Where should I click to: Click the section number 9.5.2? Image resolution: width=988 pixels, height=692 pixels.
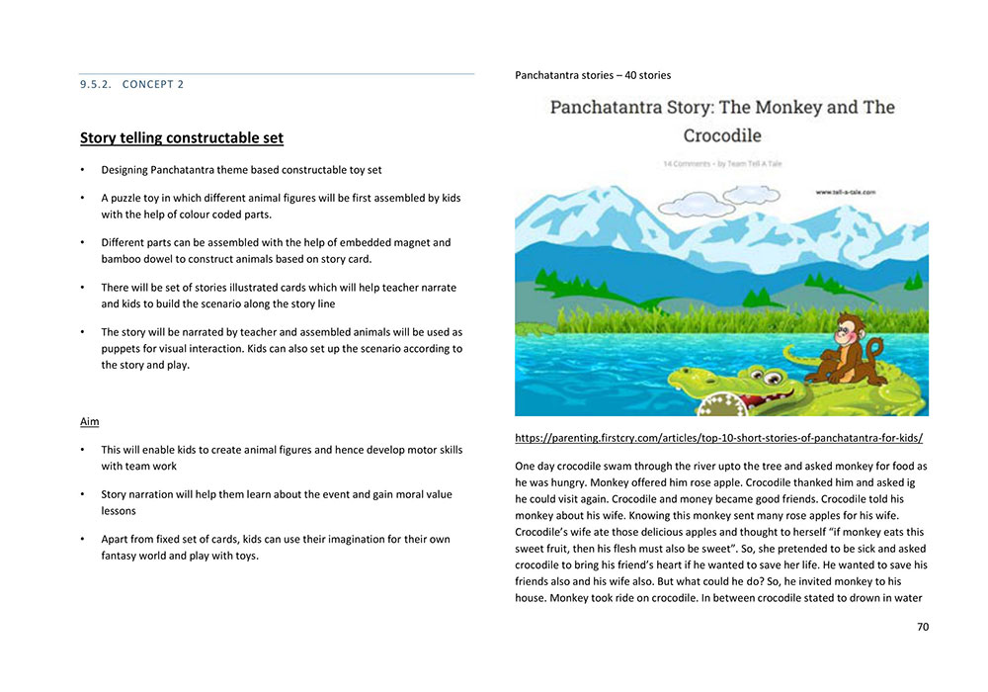point(97,84)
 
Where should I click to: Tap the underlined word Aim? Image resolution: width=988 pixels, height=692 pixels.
point(89,422)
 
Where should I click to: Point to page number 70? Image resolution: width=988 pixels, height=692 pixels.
point(923,626)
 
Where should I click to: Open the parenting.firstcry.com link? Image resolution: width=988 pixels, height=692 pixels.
point(719,437)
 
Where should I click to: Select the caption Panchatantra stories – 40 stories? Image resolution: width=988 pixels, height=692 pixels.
point(593,75)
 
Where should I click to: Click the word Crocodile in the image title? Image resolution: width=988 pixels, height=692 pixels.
point(722,134)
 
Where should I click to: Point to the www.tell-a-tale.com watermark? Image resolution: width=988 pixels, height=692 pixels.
point(846,193)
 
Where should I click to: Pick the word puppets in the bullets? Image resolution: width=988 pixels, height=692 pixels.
point(123,349)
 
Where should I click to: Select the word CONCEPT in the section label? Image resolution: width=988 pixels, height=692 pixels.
point(153,84)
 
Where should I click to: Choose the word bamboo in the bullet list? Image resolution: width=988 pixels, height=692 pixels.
point(123,258)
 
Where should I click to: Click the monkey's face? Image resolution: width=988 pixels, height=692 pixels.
point(849,330)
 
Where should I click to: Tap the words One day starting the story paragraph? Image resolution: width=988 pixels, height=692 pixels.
point(535,466)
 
